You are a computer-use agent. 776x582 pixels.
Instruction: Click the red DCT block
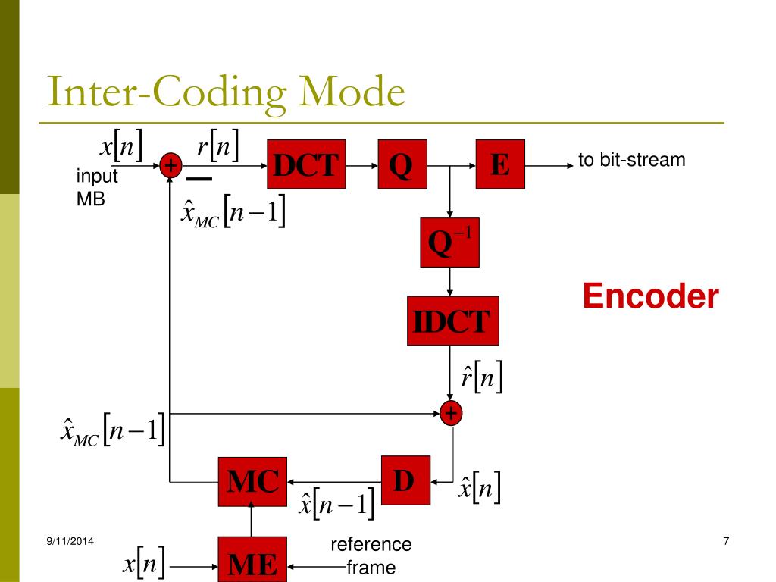coord(307,164)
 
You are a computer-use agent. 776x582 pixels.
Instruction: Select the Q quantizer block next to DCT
coord(402,164)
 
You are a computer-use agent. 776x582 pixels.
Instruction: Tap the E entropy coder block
coord(499,164)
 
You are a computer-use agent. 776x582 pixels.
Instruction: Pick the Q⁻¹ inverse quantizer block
coord(449,242)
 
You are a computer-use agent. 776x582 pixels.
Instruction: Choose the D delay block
coord(405,480)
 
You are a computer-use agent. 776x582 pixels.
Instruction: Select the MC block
coord(252,481)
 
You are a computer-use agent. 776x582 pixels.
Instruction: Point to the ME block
coord(252,561)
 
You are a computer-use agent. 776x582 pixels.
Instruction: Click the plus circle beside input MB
coord(170,165)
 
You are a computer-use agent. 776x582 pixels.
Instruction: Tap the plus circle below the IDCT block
coord(451,413)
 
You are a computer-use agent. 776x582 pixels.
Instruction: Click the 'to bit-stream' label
coord(631,160)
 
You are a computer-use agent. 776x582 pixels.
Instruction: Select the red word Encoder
coord(650,296)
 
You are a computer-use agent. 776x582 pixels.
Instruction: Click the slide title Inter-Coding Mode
coord(225,93)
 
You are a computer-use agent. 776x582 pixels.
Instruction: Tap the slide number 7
coord(726,540)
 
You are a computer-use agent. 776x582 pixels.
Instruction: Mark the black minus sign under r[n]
coord(199,180)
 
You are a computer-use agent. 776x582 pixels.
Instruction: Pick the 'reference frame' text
coord(371,555)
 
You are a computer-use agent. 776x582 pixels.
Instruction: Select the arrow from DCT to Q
coord(361,164)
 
